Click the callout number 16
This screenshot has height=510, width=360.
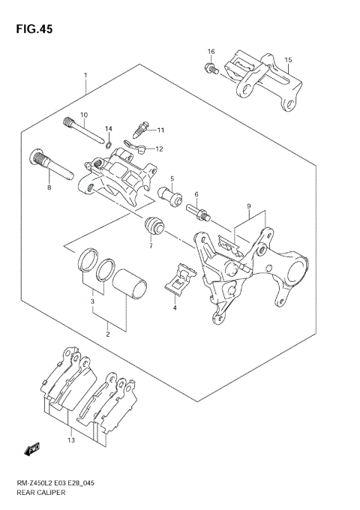[211, 52]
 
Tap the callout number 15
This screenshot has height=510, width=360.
[288, 59]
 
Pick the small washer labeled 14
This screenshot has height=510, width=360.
[109, 144]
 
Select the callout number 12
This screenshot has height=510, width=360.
[159, 148]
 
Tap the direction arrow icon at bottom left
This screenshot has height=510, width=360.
[33, 449]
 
